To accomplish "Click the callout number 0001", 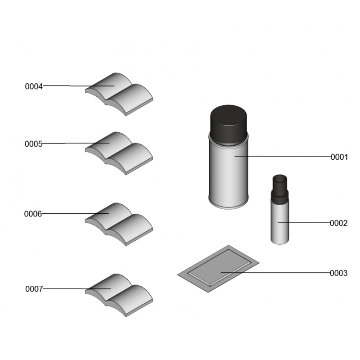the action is pos(339,157).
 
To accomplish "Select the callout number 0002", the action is pos(338,223).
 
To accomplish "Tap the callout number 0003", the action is pos(338,273).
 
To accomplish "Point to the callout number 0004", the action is pos(34,86).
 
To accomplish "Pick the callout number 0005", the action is pos(33,144).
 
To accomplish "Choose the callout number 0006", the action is pos(33,214).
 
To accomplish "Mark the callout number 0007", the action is pos(34,289).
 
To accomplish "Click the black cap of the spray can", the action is pos(229,124).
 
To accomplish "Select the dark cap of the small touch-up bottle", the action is pos(279,189).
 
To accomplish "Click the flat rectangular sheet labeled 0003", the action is pos(218,269).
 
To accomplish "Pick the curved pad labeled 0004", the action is pos(119,94).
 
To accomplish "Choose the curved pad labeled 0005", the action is pos(119,153).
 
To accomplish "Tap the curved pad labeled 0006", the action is pos(119,224).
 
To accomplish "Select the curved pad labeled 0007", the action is pos(119,295).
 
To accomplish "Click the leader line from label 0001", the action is pos(283,157).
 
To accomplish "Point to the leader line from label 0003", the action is pos(275,273).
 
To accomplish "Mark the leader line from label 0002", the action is pos(304,222).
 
